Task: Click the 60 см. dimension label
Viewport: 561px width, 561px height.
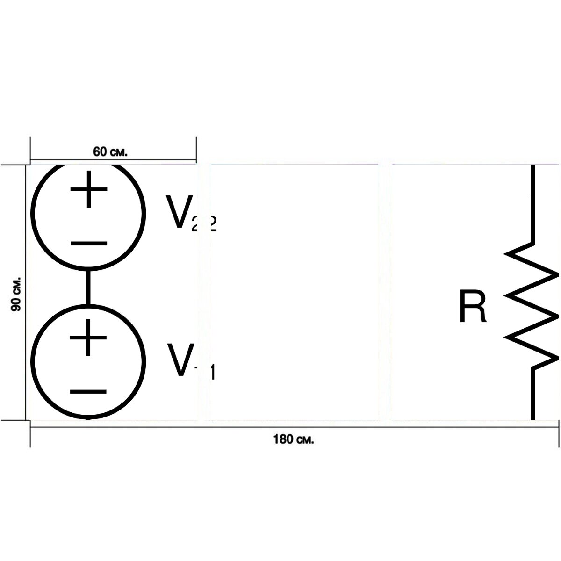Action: click(x=110, y=152)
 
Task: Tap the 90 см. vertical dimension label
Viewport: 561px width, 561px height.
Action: click(x=16, y=294)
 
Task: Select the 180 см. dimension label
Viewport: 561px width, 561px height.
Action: click(x=294, y=439)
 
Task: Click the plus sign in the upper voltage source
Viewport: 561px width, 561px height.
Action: click(x=89, y=189)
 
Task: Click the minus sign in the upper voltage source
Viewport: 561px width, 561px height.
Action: click(x=89, y=243)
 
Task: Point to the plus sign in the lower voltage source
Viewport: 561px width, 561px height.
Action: click(x=88, y=338)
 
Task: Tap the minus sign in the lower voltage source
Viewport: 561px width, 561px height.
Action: click(x=88, y=392)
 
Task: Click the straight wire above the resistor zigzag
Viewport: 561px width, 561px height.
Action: click(x=533, y=204)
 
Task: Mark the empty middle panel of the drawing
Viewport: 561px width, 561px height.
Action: click(x=295, y=292)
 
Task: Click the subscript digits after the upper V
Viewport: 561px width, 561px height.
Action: click(x=204, y=223)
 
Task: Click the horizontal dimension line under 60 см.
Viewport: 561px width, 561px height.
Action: click(x=113, y=160)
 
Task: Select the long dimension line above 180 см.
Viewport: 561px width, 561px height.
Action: click(x=295, y=427)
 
